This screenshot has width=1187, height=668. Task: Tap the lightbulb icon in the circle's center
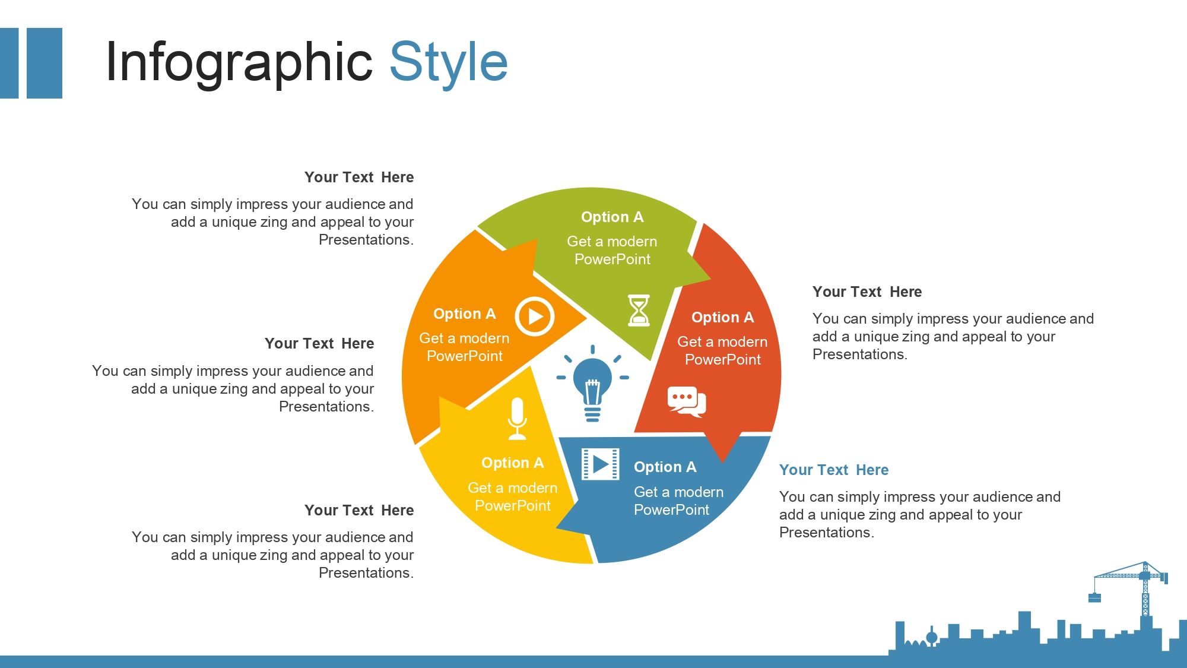(x=592, y=384)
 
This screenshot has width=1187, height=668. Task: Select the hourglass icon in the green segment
(x=639, y=310)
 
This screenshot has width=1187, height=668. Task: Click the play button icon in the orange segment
(x=534, y=316)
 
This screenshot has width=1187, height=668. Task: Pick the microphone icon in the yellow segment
(x=517, y=419)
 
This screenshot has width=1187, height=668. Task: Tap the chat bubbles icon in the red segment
(x=687, y=402)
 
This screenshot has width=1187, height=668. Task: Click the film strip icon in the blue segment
(x=600, y=464)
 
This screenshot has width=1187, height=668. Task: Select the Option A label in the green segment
(x=612, y=217)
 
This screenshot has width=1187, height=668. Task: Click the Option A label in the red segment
(x=722, y=317)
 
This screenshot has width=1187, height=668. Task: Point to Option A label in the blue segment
(x=665, y=467)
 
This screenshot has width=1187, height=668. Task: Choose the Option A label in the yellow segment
(x=512, y=463)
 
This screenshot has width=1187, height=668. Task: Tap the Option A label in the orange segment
(x=464, y=314)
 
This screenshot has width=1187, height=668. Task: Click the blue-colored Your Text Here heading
(x=834, y=470)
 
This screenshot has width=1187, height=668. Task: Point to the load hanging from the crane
(x=1094, y=597)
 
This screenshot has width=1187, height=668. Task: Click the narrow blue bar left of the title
(x=9, y=63)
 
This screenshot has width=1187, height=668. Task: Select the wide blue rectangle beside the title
(x=45, y=63)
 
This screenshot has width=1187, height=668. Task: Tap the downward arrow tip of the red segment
(x=722, y=462)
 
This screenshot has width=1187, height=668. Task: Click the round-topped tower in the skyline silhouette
(x=932, y=637)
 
